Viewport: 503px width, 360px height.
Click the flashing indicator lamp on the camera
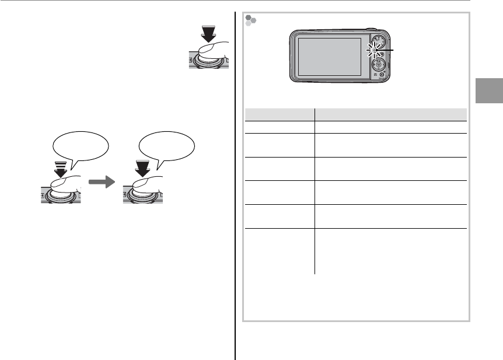point(373,51)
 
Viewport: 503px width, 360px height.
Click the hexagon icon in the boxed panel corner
point(251,20)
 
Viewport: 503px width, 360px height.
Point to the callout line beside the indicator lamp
point(388,51)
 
